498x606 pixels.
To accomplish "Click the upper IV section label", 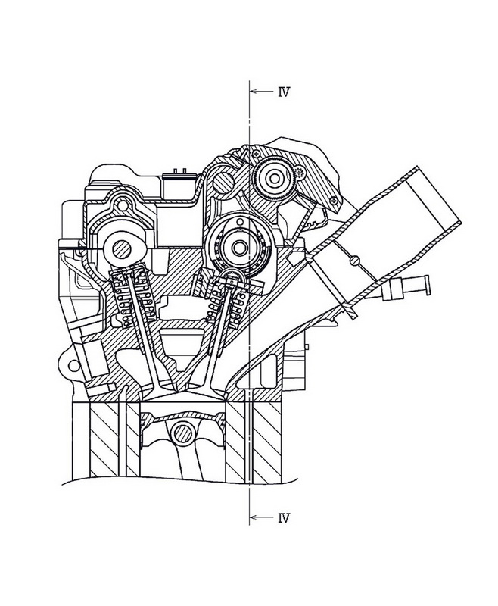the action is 283,92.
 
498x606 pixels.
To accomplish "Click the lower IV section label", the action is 283,518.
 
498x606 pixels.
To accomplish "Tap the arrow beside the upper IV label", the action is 261,92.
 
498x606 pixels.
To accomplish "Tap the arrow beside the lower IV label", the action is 261,517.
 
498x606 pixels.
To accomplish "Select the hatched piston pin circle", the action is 182,433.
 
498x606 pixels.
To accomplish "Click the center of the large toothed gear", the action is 275,178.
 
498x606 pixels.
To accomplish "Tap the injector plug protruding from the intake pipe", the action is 406,287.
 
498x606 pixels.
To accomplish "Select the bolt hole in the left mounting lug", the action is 71,365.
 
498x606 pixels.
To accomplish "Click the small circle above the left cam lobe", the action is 123,206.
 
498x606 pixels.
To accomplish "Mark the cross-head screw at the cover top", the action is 256,154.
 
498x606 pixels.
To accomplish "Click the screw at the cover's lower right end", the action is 334,200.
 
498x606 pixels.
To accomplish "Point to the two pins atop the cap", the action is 180,170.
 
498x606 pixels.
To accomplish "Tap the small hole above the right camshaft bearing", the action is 240,221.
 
